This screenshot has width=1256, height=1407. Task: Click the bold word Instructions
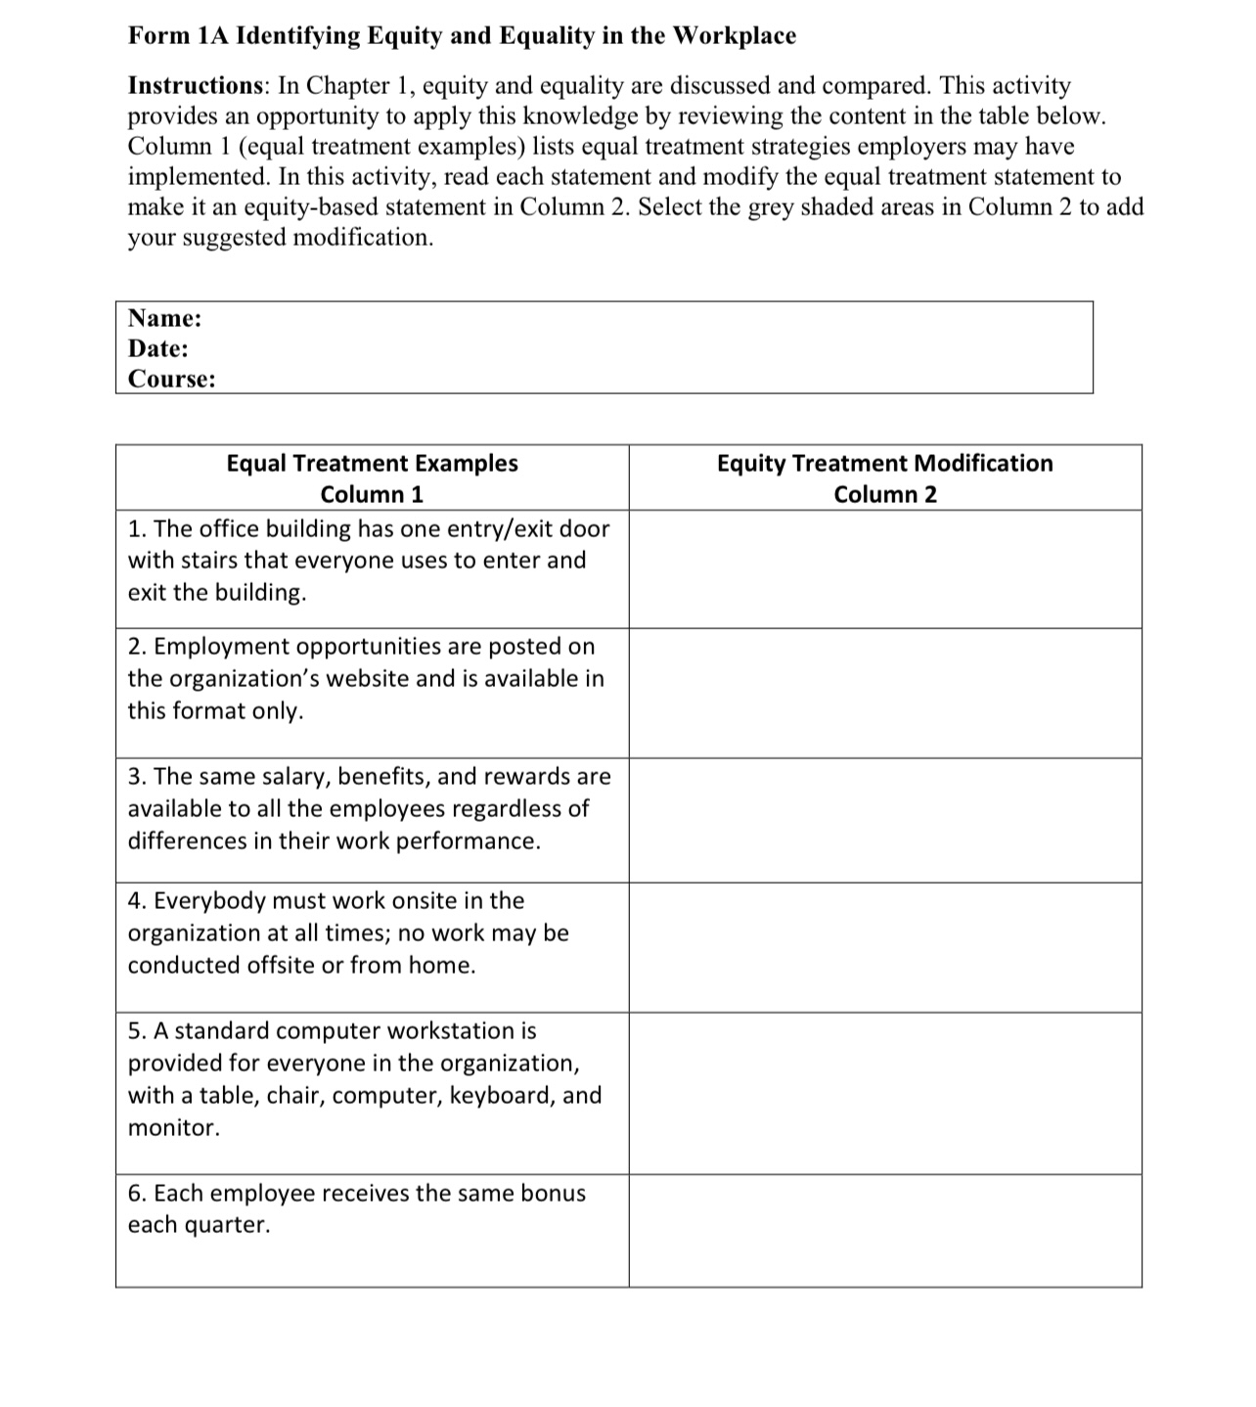point(194,86)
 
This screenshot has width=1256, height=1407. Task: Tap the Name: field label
point(164,318)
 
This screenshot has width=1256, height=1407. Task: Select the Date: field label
point(157,348)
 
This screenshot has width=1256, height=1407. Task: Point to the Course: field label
point(171,379)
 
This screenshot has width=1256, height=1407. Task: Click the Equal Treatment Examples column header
point(372,463)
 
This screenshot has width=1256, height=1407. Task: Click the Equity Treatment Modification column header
point(884,463)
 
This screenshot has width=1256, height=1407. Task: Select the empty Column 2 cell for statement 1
point(884,568)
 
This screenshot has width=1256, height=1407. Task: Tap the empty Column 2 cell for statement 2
point(884,693)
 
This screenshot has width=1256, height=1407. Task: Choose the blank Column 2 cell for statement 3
point(884,820)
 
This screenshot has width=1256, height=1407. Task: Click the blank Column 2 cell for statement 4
point(884,947)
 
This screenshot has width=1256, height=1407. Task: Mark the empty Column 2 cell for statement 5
point(884,1093)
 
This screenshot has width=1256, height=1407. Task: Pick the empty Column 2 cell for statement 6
point(884,1230)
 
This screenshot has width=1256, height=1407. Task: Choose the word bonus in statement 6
point(553,1194)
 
